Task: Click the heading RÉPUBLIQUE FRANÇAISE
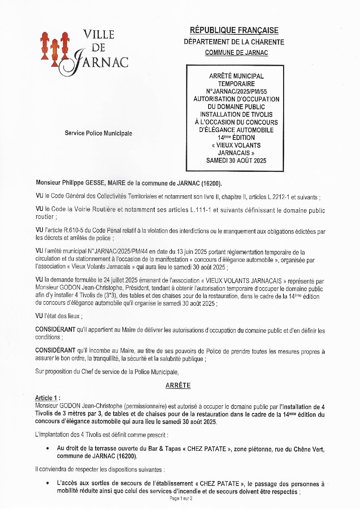234,30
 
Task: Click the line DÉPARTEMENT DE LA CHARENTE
234,42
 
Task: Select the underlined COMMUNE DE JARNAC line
236,53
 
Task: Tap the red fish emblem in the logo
55,49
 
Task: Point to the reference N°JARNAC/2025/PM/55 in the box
236,92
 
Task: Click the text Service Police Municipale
98,133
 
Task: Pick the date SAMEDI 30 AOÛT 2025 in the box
236,161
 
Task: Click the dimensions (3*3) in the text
109,296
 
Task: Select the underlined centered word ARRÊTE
178,385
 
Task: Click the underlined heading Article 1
47,398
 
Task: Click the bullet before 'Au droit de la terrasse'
48,449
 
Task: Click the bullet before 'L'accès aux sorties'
48,483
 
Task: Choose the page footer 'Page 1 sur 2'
181,498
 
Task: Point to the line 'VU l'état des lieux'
59,316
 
